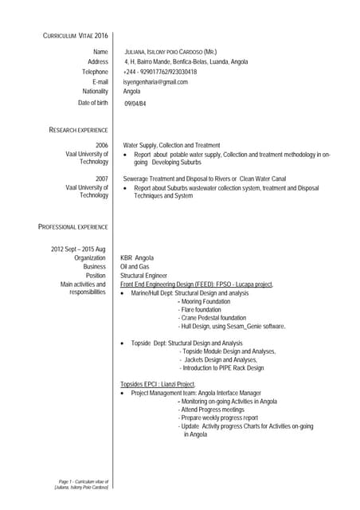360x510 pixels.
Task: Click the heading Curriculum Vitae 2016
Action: click(x=75, y=36)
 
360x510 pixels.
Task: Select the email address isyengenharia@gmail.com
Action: click(x=155, y=81)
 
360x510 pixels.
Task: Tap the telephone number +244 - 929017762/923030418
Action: click(x=160, y=72)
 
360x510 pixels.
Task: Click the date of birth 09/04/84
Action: click(x=135, y=104)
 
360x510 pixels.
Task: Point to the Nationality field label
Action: click(x=90, y=92)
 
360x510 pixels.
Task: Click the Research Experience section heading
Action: click(x=79, y=129)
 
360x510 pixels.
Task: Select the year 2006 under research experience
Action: click(x=102, y=145)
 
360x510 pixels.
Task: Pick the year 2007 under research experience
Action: click(x=102, y=178)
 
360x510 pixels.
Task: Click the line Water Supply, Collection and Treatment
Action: click(x=171, y=145)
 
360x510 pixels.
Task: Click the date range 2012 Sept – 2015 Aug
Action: click(x=78, y=249)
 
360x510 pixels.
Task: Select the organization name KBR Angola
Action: click(x=137, y=258)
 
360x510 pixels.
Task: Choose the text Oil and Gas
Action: click(x=134, y=267)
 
